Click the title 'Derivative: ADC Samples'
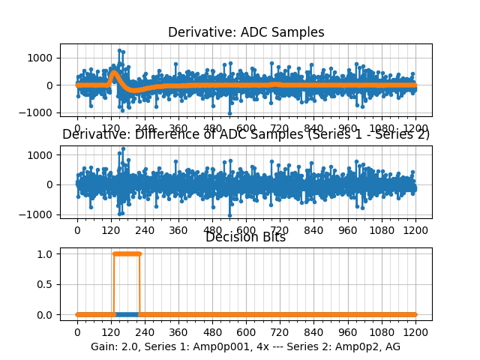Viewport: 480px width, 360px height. [246, 32]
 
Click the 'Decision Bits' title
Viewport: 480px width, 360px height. [246, 238]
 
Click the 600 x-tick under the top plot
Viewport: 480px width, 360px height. [246, 128]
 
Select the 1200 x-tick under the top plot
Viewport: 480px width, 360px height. [415, 128]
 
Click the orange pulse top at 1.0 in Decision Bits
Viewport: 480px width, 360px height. [126, 253]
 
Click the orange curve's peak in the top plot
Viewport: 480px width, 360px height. [114, 73]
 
